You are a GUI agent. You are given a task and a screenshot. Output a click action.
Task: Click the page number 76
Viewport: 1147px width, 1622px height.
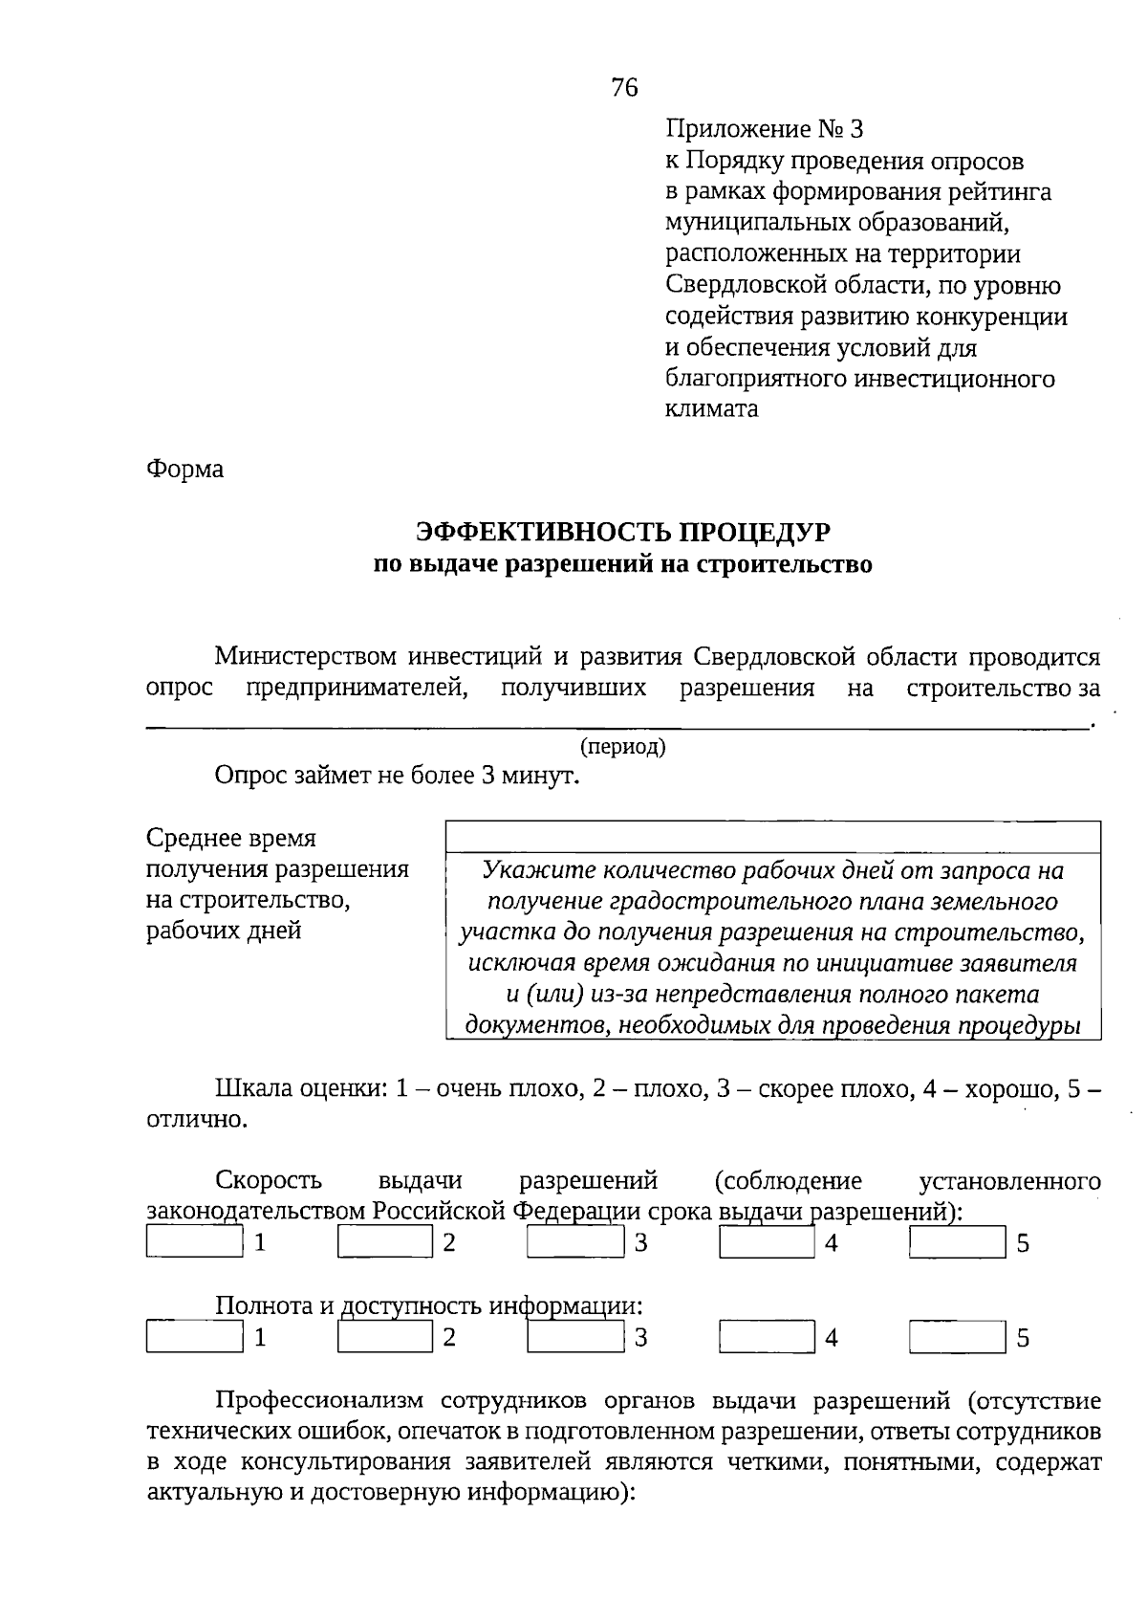click(x=623, y=89)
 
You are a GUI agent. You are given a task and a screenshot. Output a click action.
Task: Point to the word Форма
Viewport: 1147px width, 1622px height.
click(x=184, y=470)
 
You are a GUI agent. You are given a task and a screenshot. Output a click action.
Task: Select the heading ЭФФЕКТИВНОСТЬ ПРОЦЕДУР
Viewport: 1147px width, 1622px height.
click(x=622, y=532)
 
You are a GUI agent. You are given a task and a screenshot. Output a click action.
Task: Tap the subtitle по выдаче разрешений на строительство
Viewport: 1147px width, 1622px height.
click(x=622, y=564)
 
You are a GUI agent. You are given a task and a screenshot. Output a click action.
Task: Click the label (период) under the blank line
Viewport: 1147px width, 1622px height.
click(x=622, y=747)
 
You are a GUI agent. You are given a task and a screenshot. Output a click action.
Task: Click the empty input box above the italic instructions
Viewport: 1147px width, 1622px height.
click(x=772, y=837)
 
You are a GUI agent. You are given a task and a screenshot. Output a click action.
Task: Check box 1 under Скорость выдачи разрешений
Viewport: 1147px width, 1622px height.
click(x=195, y=1242)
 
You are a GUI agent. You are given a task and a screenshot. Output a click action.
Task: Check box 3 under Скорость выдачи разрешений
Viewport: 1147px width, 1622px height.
click(x=575, y=1242)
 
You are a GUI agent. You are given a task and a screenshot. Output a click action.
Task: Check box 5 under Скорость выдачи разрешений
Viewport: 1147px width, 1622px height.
click(x=957, y=1242)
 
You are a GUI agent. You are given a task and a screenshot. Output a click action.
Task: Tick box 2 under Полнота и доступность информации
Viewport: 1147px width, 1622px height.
click(x=385, y=1336)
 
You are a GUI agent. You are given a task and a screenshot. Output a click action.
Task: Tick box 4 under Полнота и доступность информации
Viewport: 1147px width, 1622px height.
click(x=767, y=1336)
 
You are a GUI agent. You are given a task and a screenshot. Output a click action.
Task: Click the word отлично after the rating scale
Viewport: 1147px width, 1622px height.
click(x=195, y=1119)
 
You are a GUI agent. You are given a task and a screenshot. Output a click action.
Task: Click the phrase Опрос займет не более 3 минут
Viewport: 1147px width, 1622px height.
click(x=398, y=776)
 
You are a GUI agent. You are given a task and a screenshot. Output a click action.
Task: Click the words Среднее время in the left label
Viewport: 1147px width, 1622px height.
click(x=230, y=839)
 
